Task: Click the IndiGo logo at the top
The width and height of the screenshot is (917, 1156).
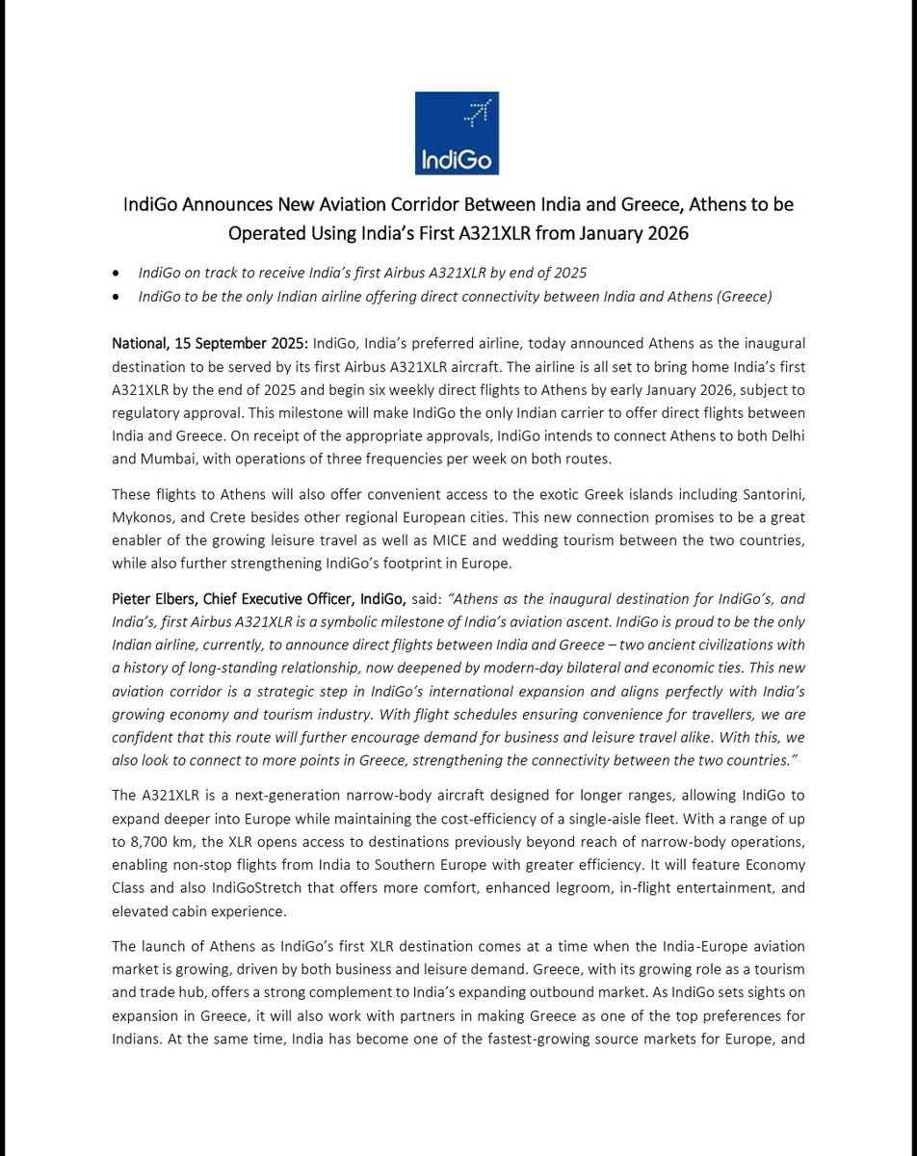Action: coord(457,133)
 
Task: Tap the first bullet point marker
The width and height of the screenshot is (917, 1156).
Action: coord(117,274)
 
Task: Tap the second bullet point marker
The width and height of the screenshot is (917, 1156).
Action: coord(117,297)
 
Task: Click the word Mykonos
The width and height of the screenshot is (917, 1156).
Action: coord(144,518)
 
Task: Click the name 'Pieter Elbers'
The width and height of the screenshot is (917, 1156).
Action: coord(153,599)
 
